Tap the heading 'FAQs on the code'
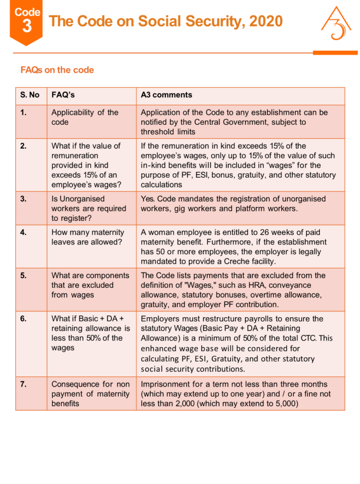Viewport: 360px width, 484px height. click(x=57, y=70)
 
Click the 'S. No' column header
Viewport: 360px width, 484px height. click(x=30, y=95)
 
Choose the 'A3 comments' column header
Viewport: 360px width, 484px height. click(x=166, y=95)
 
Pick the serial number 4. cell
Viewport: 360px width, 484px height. click(x=23, y=233)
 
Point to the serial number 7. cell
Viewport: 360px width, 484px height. click(x=23, y=384)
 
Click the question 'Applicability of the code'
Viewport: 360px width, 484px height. click(x=85, y=117)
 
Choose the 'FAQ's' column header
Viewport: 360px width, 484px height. click(x=63, y=95)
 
